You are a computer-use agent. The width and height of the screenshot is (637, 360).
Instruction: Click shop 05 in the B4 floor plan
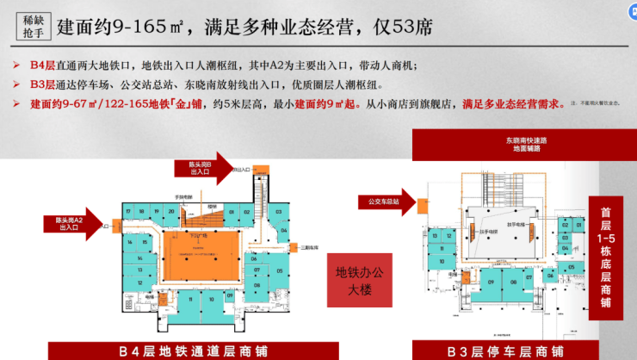pyautogui.click(x=281, y=270)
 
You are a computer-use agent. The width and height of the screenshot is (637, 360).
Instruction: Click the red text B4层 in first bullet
pyautogui.click(x=42, y=66)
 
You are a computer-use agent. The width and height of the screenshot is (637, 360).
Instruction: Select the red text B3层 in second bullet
pyautogui.click(x=42, y=85)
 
